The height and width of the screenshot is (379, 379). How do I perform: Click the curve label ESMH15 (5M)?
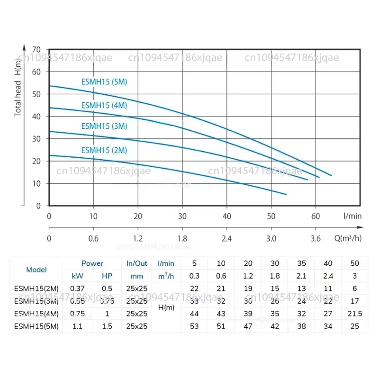coord(104,81)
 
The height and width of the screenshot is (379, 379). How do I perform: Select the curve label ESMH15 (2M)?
coord(104,150)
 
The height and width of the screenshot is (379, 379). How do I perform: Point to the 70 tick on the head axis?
coord(36,49)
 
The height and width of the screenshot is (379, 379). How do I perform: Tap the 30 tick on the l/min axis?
coord(182,216)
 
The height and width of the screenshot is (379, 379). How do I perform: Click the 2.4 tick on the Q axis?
coord(227,238)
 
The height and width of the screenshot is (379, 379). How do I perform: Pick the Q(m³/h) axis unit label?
coord(348,238)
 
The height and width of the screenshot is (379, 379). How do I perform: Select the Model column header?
coord(36,270)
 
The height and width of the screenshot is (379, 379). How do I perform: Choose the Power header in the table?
coord(92,263)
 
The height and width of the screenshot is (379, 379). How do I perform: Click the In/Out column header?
coord(137,263)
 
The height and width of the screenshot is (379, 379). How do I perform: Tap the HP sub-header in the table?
coord(108,276)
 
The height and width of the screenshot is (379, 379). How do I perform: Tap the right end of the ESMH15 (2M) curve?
coord(286,194)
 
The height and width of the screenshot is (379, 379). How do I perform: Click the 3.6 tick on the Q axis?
coord(316,238)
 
